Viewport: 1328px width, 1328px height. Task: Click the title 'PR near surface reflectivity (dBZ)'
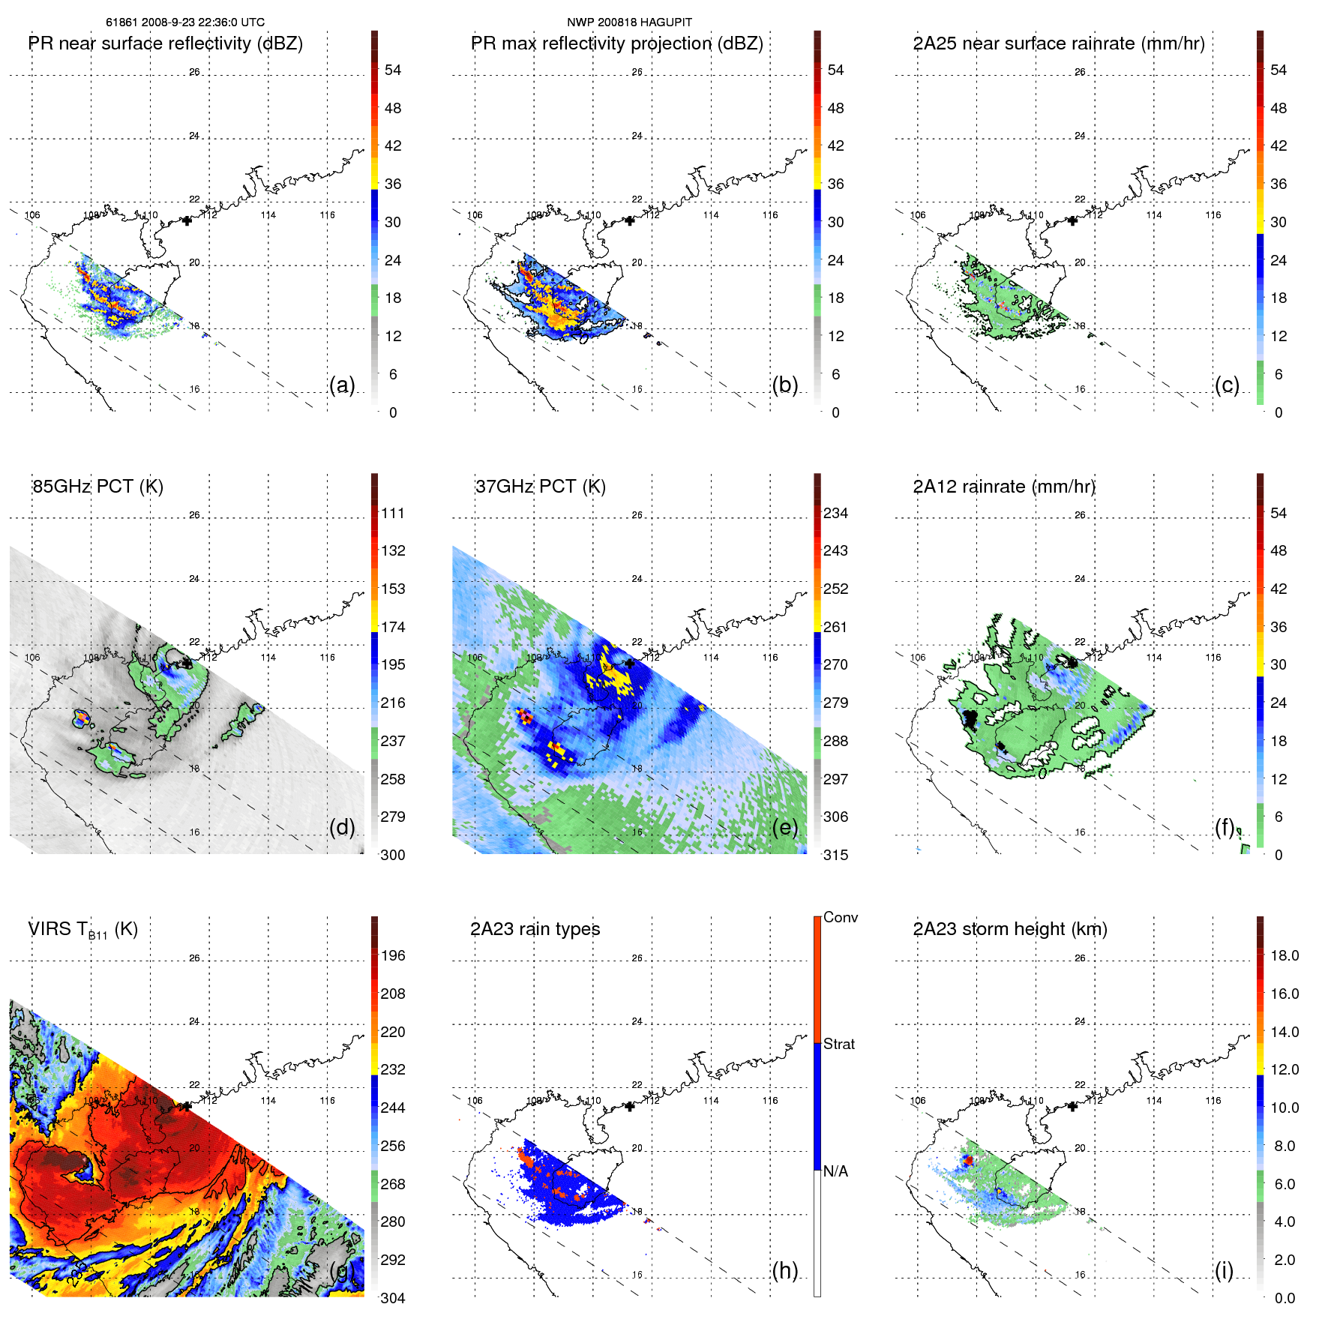165,43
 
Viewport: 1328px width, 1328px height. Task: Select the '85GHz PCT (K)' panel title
97,487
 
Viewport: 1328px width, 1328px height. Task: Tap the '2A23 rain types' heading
535,929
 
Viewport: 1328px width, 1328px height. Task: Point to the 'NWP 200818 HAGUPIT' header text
629,22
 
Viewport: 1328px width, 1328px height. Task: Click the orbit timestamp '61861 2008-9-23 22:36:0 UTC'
184,22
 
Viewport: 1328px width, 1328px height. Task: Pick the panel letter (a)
342,385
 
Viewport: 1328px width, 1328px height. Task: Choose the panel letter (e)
784,828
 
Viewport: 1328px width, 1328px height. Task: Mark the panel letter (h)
784,1270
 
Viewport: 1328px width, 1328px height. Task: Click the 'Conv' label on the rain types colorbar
840,917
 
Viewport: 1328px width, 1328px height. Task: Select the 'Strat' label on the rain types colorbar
838,1044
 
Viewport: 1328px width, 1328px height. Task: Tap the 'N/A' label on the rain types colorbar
835,1171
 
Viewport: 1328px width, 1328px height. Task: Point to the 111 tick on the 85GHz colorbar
393,513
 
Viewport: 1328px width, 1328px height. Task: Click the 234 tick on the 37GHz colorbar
835,513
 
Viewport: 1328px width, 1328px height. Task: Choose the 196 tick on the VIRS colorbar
393,955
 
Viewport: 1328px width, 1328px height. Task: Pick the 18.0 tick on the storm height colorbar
1284,955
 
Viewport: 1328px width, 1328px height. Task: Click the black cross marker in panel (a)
187,220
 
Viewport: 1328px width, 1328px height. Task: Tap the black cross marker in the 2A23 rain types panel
629,1106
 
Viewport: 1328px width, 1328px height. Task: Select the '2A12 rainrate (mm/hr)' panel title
1003,487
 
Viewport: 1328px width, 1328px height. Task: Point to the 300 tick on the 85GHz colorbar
393,855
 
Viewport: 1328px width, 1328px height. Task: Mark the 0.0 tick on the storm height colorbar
1284,1298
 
